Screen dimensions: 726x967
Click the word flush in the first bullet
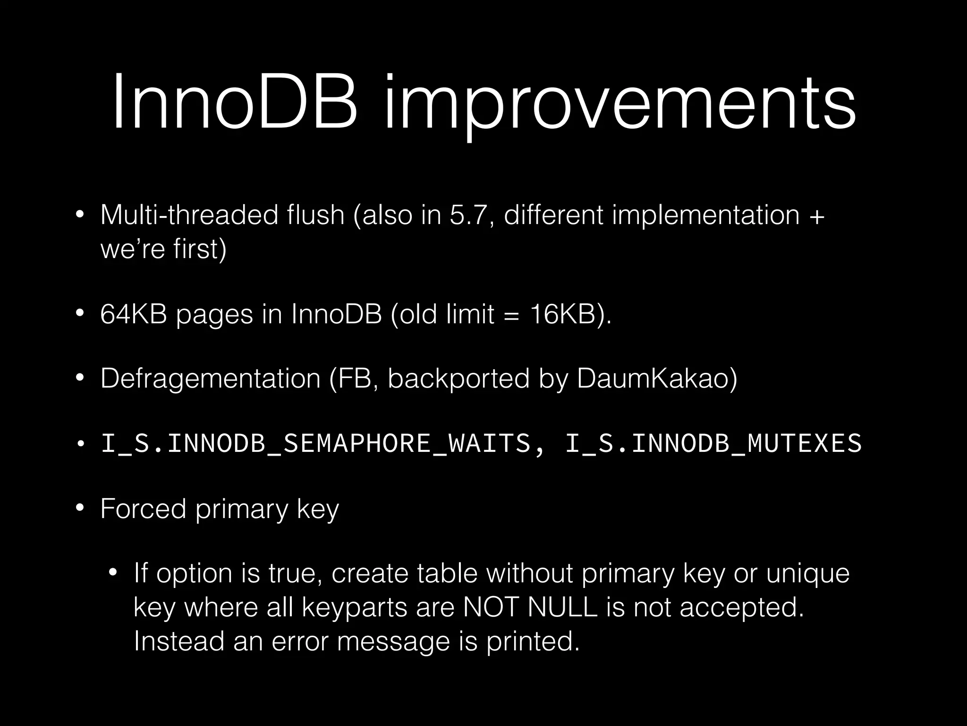(x=316, y=215)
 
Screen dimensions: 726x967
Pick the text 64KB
(x=134, y=314)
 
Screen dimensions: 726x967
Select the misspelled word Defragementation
(x=210, y=379)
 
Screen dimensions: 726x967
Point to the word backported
(x=458, y=379)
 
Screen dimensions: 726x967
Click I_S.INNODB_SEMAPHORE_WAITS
(x=316, y=443)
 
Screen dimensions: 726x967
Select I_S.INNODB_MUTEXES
(x=713, y=443)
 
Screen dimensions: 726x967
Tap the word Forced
(x=143, y=509)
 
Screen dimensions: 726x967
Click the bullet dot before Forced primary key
(x=80, y=509)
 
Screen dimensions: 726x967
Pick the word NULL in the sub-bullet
(x=562, y=607)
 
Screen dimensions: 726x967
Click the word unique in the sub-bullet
(x=807, y=573)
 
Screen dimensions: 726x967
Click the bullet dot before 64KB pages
(x=80, y=314)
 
